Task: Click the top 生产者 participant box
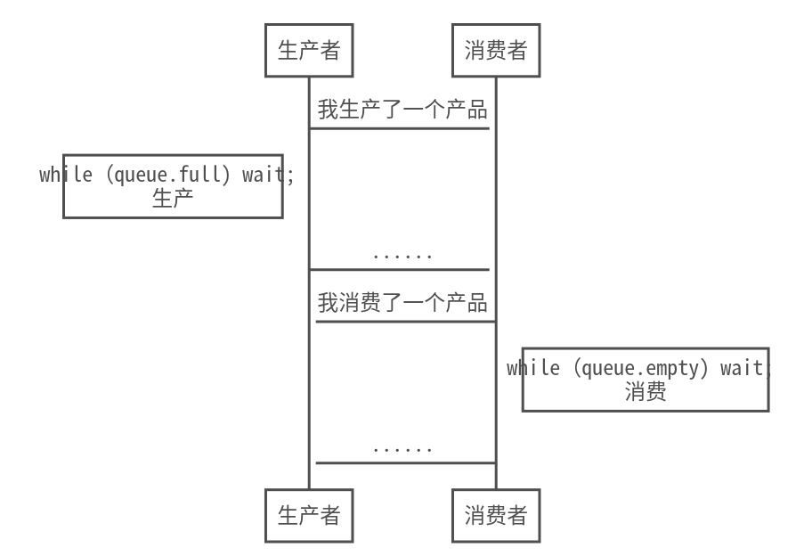pyautogui.click(x=309, y=51)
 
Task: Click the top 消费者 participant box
pyautogui.click(x=496, y=51)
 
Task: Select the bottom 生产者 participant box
pyautogui.click(x=309, y=515)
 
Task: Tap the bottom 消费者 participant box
pyautogui.click(x=496, y=515)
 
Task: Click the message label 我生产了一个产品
pyautogui.click(x=402, y=110)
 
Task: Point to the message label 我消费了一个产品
pyautogui.click(x=402, y=303)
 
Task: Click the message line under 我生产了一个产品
pyautogui.click(x=400, y=128)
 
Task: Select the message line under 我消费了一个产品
pyautogui.click(x=406, y=322)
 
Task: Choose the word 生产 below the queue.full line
pyautogui.click(x=173, y=198)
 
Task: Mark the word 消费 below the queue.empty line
pyautogui.click(x=646, y=391)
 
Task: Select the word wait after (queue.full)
pyautogui.click(x=263, y=175)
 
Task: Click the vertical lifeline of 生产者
pyautogui.click(x=309, y=223)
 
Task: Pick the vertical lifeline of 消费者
pyautogui.click(x=496, y=223)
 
